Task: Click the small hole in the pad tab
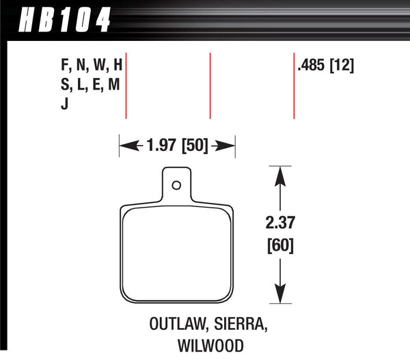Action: (x=176, y=184)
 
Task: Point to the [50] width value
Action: (x=195, y=146)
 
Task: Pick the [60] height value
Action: (x=279, y=244)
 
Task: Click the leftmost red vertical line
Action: (x=127, y=85)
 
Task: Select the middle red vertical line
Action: (x=210, y=85)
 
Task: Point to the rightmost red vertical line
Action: (x=294, y=85)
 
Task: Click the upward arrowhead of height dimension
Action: (x=279, y=175)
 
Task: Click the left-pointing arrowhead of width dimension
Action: (x=126, y=146)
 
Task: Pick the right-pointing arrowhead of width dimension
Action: (x=229, y=146)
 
